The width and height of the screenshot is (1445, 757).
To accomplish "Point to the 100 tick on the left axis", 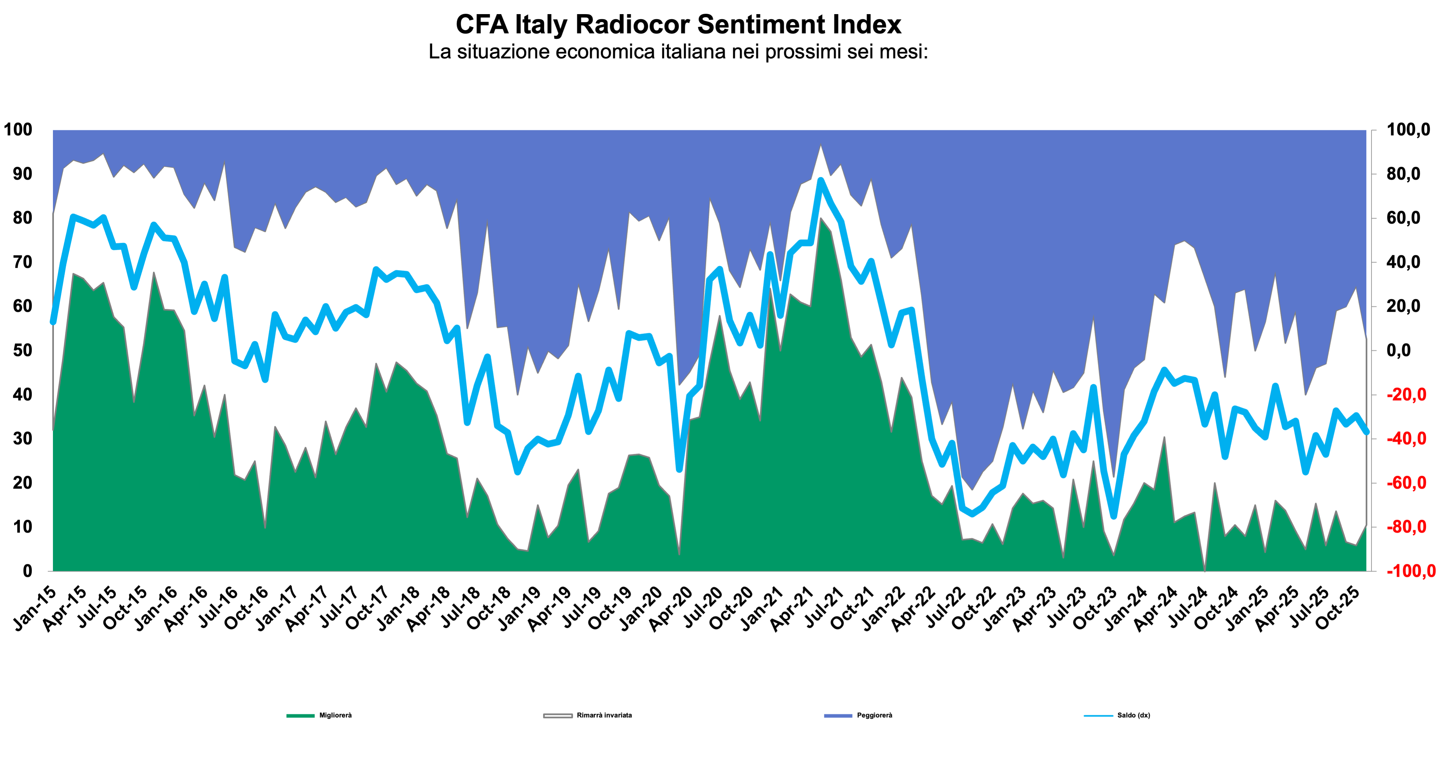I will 18,130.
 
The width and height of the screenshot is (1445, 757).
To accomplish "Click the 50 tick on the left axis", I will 22,350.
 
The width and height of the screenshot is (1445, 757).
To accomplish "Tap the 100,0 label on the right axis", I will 1408,130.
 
